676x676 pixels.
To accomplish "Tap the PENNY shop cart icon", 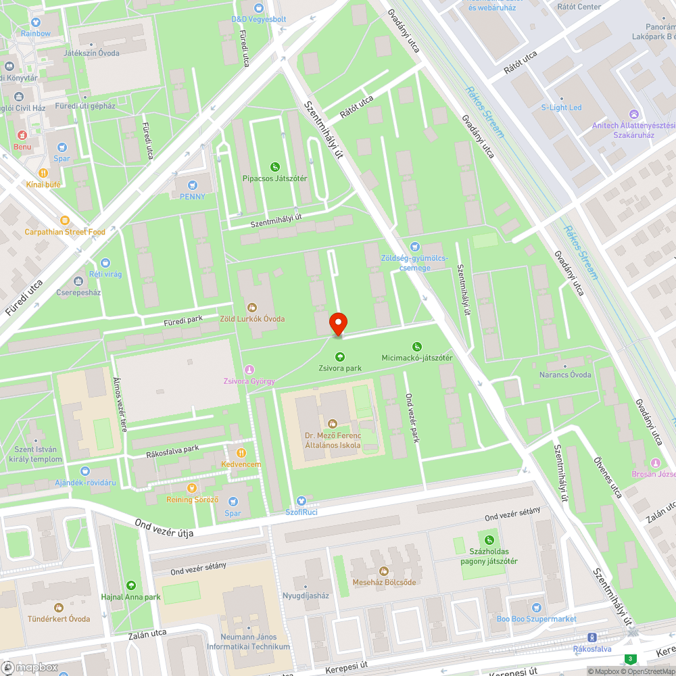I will [x=193, y=185].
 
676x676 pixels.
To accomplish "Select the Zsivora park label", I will [x=340, y=368].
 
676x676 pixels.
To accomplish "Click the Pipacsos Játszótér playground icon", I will [x=275, y=167].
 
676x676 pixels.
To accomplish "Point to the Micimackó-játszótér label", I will [x=416, y=357].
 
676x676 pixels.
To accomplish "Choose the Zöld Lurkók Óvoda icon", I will [x=253, y=308].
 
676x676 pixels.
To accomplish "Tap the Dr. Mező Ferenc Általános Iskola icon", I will [x=332, y=424].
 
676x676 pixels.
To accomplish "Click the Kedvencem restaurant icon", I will [x=241, y=453].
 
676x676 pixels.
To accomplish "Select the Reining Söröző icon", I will [x=192, y=487].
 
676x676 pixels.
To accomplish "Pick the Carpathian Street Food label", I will [x=65, y=232].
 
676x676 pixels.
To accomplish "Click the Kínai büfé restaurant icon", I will [x=44, y=172].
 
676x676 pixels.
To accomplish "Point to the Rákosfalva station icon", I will [x=592, y=637].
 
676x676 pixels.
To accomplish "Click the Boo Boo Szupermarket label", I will [x=536, y=619].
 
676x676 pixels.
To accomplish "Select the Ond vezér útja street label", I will [x=164, y=529].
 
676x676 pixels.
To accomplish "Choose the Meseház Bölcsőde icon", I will [x=385, y=571].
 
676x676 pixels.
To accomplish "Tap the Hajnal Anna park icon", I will [x=130, y=585].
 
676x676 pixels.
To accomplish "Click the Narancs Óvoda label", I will [x=564, y=375].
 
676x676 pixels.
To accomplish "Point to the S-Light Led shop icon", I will [x=561, y=96].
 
